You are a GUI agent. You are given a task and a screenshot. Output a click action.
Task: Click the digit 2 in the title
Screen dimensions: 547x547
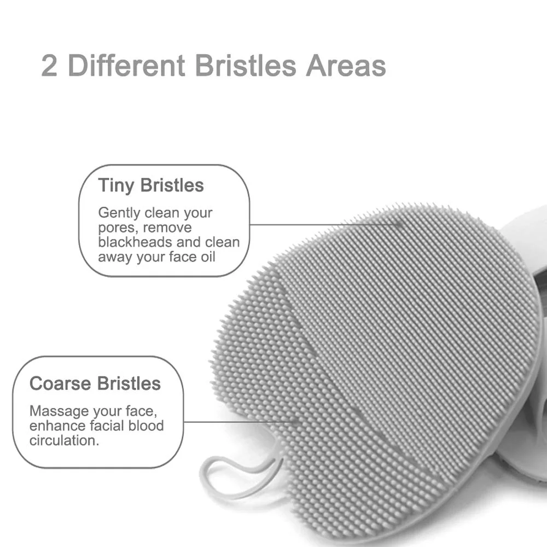point(50,66)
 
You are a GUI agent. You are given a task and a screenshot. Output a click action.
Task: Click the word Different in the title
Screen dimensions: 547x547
point(127,66)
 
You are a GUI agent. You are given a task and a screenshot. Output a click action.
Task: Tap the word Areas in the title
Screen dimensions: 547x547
point(346,66)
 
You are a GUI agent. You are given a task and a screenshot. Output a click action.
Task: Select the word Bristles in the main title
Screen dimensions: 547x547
point(246,66)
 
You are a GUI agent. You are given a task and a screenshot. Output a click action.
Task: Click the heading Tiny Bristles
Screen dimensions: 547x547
point(151,185)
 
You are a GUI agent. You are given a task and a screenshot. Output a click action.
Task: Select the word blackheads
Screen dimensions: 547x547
point(134,242)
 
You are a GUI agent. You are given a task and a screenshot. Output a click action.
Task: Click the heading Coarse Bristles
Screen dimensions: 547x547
point(95,383)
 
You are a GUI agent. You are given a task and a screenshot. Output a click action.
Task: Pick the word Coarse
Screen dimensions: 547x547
point(60,383)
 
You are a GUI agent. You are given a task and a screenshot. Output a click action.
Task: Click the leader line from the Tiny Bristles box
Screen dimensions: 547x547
point(323,224)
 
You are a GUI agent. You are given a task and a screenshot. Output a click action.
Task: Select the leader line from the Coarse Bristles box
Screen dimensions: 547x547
point(241,422)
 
